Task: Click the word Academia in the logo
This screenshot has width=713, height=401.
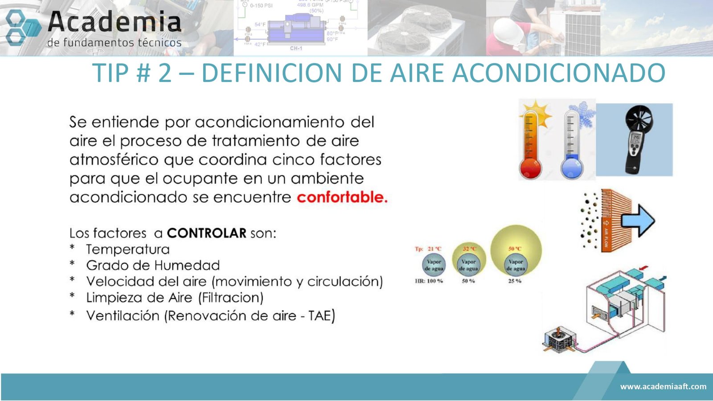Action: [114, 22]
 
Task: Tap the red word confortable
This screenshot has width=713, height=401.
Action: [342, 197]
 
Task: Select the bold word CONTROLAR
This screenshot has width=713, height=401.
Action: [206, 233]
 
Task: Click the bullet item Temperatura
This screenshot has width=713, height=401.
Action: [127, 250]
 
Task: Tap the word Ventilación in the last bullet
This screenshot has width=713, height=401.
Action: [123, 316]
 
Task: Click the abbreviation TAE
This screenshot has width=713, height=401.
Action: [320, 316]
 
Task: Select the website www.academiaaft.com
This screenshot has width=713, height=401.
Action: [663, 386]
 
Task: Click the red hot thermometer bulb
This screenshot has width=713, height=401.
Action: [530, 169]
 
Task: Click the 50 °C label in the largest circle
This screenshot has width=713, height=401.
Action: [515, 249]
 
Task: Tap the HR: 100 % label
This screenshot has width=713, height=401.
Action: [429, 281]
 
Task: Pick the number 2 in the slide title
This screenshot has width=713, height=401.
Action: [164, 74]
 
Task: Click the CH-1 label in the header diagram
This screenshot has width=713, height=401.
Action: [296, 48]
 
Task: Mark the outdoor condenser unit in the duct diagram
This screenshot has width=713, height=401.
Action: [560, 340]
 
